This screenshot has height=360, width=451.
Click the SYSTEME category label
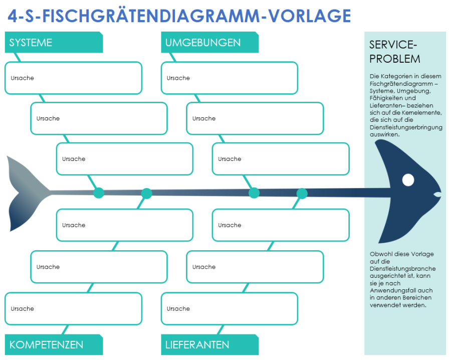coord(31,43)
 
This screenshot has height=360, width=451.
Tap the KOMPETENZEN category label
coord(46,345)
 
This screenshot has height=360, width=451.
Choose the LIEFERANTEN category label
coord(197,345)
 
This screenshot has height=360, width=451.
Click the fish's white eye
coord(408,179)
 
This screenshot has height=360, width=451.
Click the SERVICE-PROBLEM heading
coord(395,52)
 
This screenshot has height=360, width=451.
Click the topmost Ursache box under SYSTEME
coord(73,78)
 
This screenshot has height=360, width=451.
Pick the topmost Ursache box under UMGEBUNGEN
coord(230,78)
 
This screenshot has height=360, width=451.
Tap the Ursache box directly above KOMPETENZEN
coord(73,309)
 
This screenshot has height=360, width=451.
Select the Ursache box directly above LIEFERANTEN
coord(230,309)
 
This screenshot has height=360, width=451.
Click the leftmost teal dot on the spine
coord(99,193)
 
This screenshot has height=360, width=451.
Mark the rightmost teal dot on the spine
coord(302,193)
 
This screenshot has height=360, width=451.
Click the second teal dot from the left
coord(146,193)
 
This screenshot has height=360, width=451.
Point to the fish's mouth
coord(437,194)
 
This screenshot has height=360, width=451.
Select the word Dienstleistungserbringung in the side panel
coord(406,127)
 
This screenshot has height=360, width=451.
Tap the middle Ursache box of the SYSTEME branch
coord(99,119)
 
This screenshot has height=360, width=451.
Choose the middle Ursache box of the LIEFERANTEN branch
coord(255,267)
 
